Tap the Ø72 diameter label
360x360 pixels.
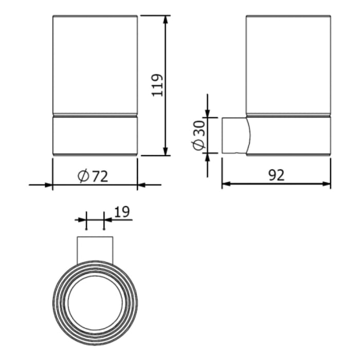point(93,176)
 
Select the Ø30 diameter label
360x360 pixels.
point(199,135)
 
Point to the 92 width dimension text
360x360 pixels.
point(276,175)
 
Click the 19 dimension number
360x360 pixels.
point(121,211)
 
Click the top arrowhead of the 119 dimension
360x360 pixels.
point(166,20)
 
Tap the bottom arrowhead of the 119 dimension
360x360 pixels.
point(166,151)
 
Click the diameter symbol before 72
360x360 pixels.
point(84,176)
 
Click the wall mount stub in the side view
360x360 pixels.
point(235,136)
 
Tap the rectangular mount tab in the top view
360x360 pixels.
point(95,249)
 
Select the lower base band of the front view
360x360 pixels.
point(95,135)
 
